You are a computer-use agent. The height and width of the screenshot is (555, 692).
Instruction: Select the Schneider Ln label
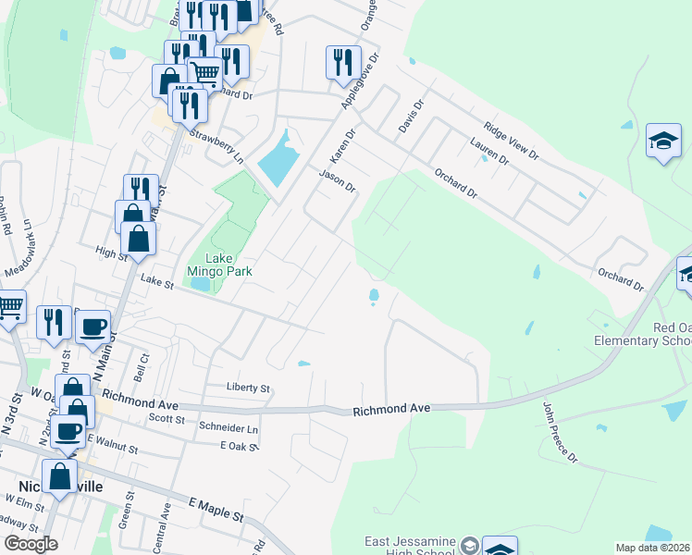pyautogui.click(x=228, y=429)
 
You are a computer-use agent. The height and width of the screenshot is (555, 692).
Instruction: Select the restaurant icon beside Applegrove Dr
pyautogui.click(x=343, y=62)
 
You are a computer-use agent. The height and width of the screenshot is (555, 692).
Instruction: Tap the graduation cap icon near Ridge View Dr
pyautogui.click(x=663, y=141)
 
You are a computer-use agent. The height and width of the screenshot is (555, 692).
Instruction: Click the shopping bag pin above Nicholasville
pyautogui.click(x=60, y=477)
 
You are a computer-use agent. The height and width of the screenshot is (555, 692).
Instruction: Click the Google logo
pyautogui.click(x=31, y=544)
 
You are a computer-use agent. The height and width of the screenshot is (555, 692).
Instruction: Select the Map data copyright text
pyautogui.click(x=653, y=548)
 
